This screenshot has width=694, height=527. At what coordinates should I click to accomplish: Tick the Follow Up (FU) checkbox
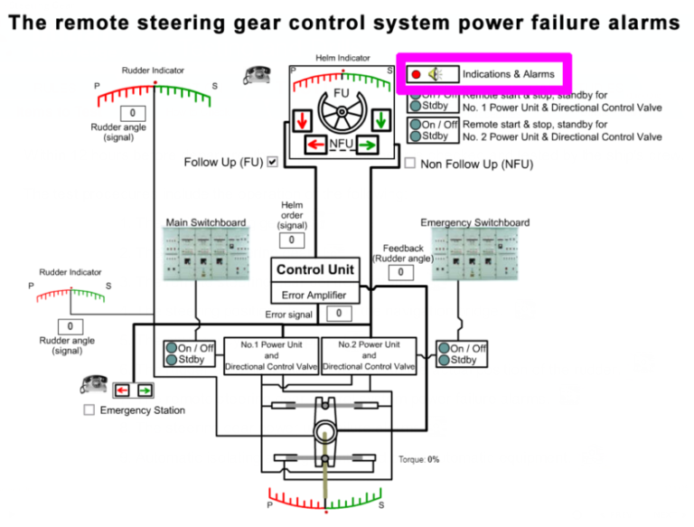coord(272,162)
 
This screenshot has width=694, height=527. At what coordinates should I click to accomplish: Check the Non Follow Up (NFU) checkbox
coord(409,164)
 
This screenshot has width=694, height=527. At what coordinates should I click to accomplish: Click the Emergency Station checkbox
coord(89,410)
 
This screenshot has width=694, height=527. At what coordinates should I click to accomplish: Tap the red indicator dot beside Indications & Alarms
coord(416,74)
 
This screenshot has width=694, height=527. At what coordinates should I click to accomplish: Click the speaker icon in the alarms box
coord(436,74)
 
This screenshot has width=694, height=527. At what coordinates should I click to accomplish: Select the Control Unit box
coord(315,269)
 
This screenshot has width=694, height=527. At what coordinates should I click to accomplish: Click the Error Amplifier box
coord(315,295)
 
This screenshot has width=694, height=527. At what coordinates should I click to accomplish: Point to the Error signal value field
coord(338,314)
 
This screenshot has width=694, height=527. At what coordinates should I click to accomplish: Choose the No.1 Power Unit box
coord(271,355)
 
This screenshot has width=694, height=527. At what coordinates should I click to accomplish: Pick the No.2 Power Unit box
coord(369,355)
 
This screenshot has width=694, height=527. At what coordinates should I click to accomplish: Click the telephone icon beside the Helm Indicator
coord(255,75)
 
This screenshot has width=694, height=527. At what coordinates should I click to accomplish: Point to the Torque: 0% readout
coord(418,459)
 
